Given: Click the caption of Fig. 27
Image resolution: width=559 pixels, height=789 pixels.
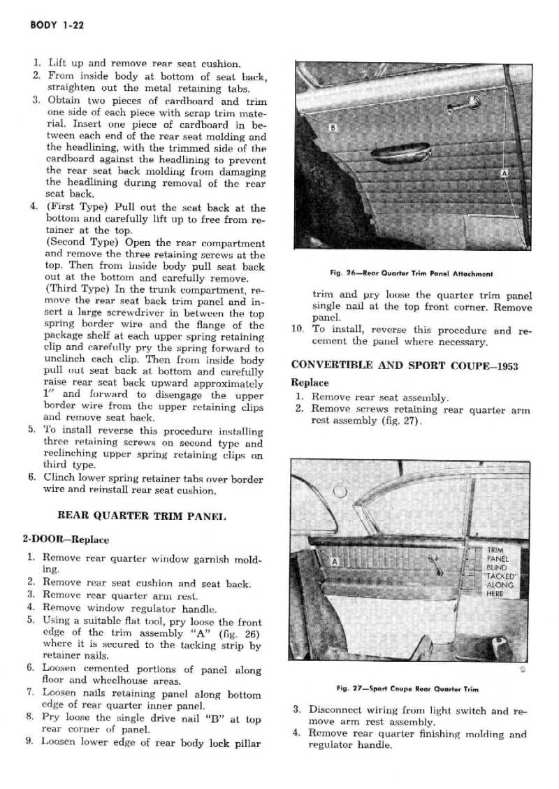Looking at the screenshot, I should coord(407,688).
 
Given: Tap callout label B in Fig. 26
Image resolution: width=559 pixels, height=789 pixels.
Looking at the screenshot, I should coord(333,126).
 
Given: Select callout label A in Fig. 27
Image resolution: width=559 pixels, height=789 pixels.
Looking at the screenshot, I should coord(333,561).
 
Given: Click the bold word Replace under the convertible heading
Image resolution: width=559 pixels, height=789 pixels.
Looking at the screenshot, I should coord(310,383).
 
